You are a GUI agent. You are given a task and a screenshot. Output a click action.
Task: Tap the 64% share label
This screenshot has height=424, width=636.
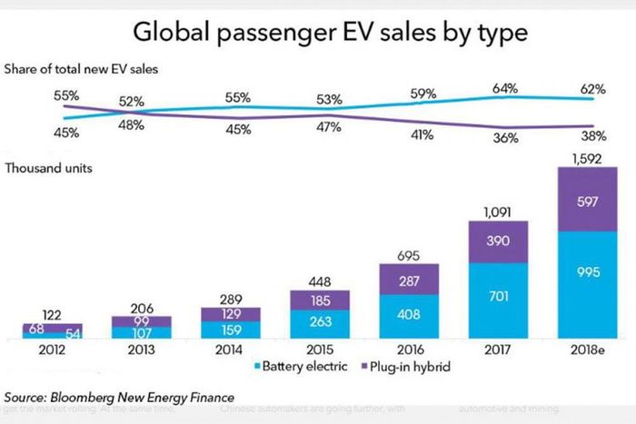pyautogui.click(x=505, y=88)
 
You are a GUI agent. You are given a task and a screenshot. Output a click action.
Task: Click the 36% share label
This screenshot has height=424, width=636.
pyautogui.click(x=505, y=138)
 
